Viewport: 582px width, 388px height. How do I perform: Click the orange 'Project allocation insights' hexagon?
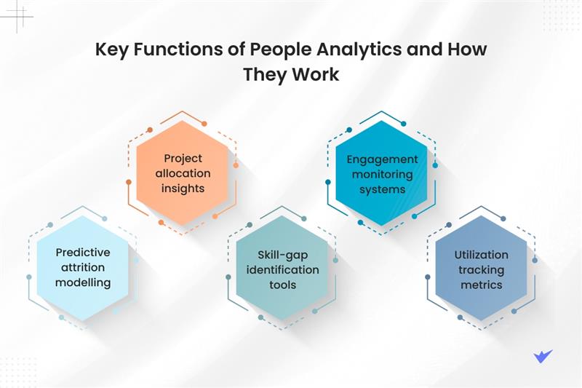[x=183, y=173]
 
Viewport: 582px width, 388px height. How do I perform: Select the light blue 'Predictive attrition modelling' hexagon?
[x=83, y=267]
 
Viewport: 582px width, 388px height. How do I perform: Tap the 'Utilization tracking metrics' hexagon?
[x=481, y=268]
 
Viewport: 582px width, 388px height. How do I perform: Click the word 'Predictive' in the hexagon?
[x=83, y=252]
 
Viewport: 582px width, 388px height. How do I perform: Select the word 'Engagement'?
[x=382, y=159]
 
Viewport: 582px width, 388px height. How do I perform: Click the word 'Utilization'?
[x=481, y=255]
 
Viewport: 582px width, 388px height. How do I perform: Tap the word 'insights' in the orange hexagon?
[x=183, y=189]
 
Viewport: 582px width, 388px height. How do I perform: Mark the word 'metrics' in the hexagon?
[x=481, y=285]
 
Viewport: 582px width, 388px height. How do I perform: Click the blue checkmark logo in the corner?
[x=542, y=356]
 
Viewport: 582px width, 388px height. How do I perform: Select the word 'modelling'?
[x=83, y=282]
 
